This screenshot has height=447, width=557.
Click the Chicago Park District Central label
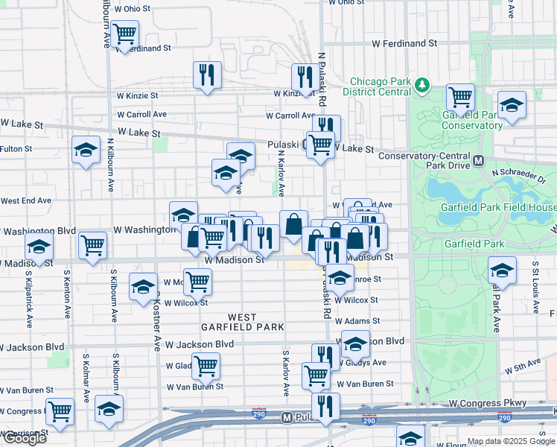pyautogui.click(x=381, y=86)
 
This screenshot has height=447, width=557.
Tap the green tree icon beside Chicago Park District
pyautogui.click(x=423, y=85)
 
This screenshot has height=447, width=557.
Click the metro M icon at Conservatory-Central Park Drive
pyautogui.click(x=479, y=160)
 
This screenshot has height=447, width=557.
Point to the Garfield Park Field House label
pyautogui.click(x=506, y=207)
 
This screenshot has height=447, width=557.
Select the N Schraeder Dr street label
pyautogui.click(x=519, y=176)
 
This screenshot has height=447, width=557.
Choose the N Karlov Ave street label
pyautogui.click(x=281, y=171)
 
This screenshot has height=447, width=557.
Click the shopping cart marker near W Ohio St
pyautogui.click(x=125, y=34)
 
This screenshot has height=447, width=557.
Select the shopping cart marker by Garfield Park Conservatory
pyautogui.click(x=460, y=97)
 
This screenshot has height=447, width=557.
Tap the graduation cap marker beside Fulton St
pyautogui.click(x=86, y=148)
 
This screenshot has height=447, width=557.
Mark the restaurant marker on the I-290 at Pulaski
pyautogui.click(x=325, y=406)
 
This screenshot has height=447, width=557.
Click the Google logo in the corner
pyautogui.click(x=24, y=438)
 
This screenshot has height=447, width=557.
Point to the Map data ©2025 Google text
pyautogui.click(x=511, y=441)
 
